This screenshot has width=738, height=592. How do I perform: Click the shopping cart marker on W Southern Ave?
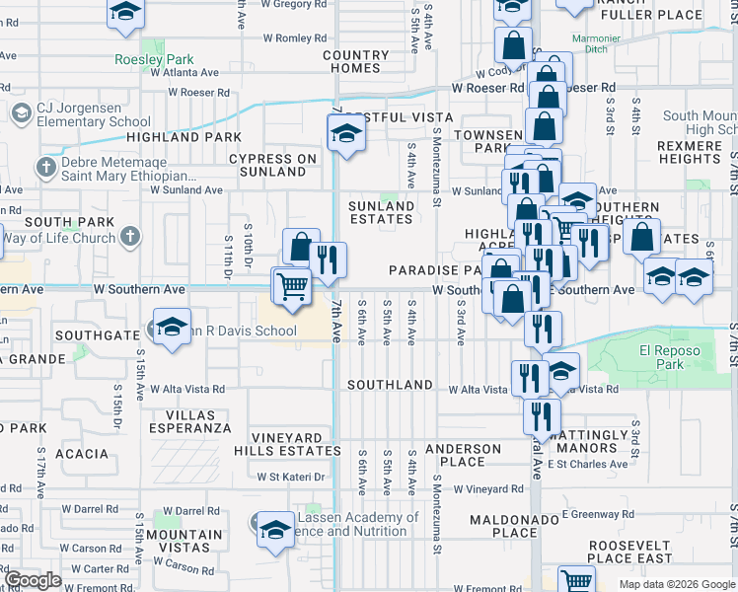coord(291,286)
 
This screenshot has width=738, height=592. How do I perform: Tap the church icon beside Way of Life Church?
coord(129,237)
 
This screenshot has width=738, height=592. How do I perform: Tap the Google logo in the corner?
coord(33,580)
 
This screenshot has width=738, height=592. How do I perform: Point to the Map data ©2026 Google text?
coord(676,584)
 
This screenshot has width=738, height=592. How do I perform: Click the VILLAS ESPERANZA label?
coord(191,421)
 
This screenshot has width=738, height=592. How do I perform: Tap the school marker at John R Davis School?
coord(171,328)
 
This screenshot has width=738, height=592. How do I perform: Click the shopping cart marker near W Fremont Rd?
coord(576,578)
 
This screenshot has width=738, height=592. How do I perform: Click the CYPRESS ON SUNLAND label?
coord(273,165)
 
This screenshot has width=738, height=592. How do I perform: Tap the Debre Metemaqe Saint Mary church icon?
coord(44,168)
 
